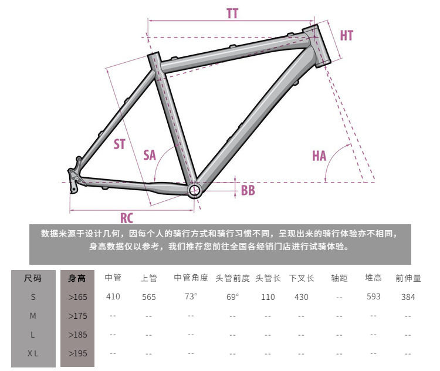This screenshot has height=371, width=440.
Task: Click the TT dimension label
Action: [x=233, y=14]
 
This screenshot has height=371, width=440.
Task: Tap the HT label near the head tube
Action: [x=347, y=35]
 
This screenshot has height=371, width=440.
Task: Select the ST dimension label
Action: [x=120, y=144]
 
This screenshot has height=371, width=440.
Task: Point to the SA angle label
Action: [x=150, y=155]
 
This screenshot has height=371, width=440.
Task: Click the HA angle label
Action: [x=319, y=156]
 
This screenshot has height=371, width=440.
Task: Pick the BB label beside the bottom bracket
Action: [x=248, y=190]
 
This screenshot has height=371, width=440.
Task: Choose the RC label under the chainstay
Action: [x=127, y=218]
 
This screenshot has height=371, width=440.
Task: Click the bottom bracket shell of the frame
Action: [x=195, y=190]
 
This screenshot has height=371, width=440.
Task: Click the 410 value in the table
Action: [x=113, y=296]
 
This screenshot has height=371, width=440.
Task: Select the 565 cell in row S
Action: [x=149, y=297]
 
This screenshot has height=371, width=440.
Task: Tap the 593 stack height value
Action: [x=374, y=296]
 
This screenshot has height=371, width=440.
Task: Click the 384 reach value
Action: [x=408, y=297]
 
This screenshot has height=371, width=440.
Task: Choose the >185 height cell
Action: [x=77, y=335]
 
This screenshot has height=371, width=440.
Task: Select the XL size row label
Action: [x=33, y=353]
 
